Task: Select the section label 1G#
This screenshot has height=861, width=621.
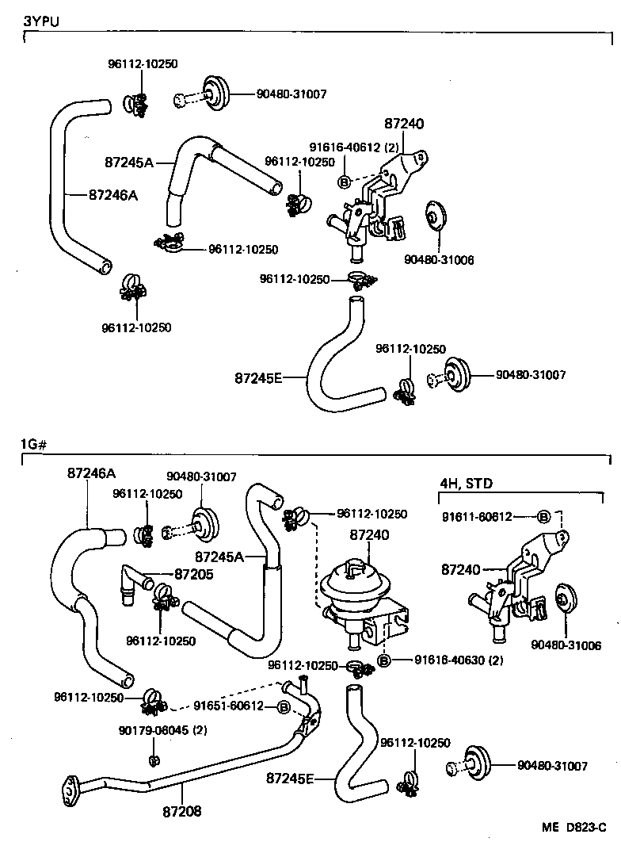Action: coord(34,446)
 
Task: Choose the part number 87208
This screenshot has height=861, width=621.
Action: coord(183,811)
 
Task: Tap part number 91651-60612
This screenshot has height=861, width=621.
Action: coord(229,706)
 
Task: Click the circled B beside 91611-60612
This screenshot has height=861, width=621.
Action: coord(544,516)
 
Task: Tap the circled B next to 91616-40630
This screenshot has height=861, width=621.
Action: coord(384,660)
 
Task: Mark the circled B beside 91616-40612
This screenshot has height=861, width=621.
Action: coord(345,182)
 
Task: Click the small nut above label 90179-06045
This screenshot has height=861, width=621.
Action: coord(153,761)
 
